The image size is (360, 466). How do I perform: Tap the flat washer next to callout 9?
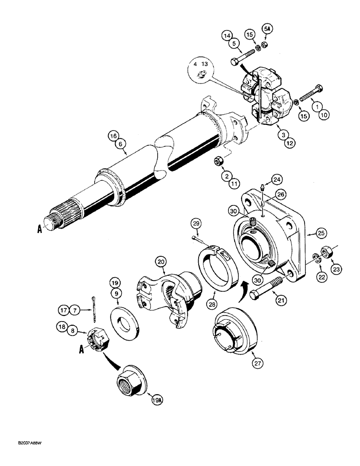point(125,322)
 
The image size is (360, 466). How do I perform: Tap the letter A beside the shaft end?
point(40,229)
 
